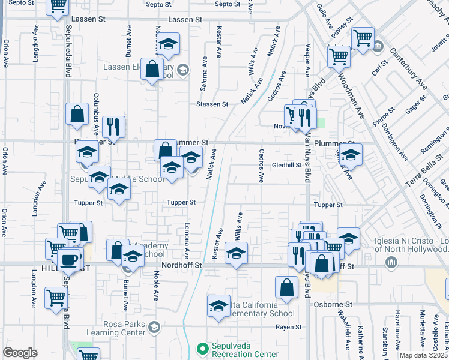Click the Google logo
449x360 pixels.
(20, 353)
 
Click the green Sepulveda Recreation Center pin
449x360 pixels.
(203, 348)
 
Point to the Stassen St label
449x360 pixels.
(212, 104)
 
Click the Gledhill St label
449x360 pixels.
(286, 165)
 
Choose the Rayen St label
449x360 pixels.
(288, 327)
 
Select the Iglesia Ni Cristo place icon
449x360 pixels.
(392, 262)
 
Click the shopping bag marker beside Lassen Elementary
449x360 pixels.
(152, 69)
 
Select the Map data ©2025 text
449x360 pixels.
(423, 355)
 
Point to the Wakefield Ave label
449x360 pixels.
(347, 334)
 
